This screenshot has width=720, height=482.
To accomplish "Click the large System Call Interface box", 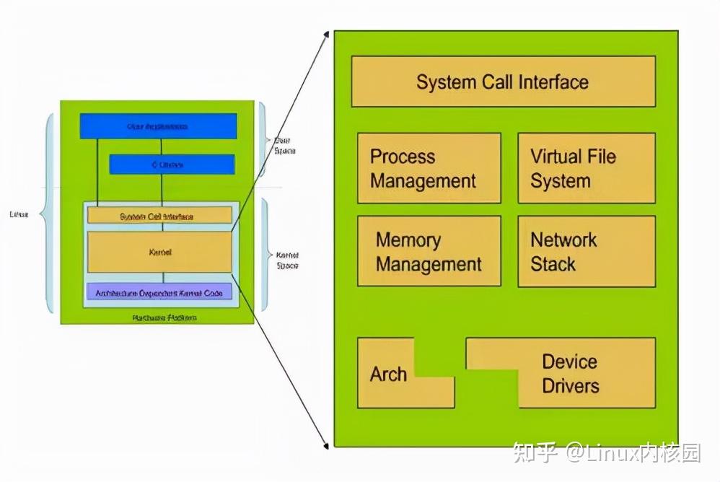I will click(503, 82).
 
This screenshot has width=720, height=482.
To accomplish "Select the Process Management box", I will click(429, 168).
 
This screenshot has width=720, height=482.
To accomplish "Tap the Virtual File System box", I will click(586, 168).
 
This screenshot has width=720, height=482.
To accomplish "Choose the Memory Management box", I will click(429, 251).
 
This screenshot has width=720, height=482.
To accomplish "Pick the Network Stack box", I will click(586, 251).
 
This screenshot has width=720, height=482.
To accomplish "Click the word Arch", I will click(388, 374).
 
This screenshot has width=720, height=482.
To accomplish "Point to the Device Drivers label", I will click(570, 374).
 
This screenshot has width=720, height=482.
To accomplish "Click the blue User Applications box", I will click(158, 126).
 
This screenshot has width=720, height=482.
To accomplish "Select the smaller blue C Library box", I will click(172, 165).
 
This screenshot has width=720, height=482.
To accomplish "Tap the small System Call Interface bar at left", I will click(159, 216).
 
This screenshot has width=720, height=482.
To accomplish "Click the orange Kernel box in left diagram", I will click(159, 253).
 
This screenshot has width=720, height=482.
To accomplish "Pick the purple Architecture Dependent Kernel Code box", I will click(159, 292).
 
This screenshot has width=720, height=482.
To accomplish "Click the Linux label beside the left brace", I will click(19, 214).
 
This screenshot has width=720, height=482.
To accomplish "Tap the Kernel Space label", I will click(287, 260).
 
